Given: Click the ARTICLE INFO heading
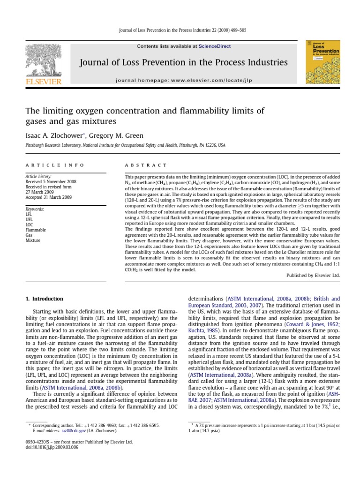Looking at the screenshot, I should pos(55,165).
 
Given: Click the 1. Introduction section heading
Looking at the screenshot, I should pos(44,299).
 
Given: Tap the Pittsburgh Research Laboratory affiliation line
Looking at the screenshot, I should pos(125,146).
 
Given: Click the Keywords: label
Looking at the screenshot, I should pos(36,209).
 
